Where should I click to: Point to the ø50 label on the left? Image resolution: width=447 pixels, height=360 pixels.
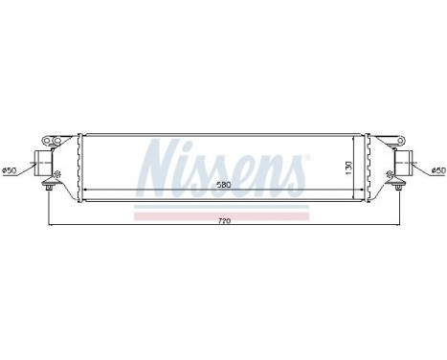(x=11, y=169)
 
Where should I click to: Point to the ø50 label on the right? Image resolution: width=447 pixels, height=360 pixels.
(x=436, y=169)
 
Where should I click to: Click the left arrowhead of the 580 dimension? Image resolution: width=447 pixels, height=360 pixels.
(x=85, y=191)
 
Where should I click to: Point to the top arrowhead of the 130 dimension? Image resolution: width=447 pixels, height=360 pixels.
(x=356, y=140)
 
